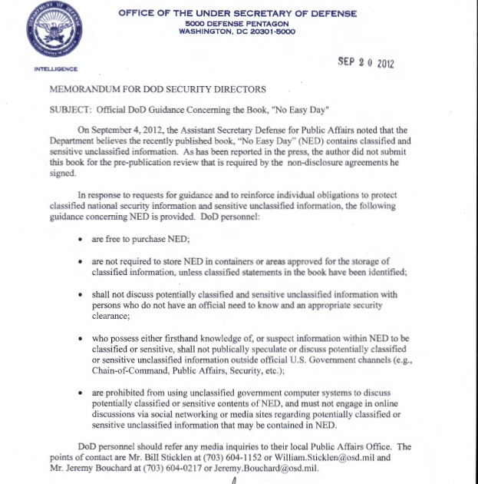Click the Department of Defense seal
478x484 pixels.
coord(55,30)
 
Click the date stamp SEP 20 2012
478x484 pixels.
coord(365,62)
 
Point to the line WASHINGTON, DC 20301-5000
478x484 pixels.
coord(236,31)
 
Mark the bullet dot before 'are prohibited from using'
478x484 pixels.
coord(81,393)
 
